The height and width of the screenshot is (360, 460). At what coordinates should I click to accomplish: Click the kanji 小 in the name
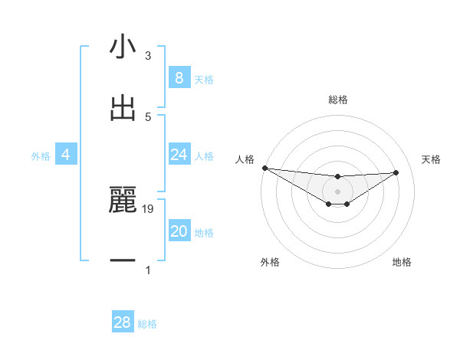coord(123,47)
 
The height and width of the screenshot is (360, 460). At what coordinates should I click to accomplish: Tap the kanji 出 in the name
coord(123,109)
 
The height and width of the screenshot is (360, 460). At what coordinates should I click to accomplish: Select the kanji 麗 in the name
coord(123,201)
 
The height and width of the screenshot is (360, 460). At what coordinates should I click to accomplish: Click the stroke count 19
coord(148,208)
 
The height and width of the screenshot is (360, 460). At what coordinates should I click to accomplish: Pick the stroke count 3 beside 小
coord(148,56)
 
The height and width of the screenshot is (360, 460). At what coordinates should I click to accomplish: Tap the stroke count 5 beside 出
coord(148,116)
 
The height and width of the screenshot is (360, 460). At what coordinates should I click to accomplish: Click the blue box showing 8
coord(179,78)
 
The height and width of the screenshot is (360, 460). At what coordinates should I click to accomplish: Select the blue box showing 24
coord(179,155)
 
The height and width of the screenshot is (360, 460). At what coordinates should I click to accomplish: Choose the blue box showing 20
coord(179,231)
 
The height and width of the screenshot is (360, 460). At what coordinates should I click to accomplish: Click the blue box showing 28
coord(123,322)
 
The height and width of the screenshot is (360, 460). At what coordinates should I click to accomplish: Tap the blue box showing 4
coord(66,155)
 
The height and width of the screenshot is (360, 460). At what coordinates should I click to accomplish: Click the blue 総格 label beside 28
coord(147,324)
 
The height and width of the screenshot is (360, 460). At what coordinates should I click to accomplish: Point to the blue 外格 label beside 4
coord(41,156)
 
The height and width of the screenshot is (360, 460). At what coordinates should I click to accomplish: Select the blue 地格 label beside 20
coord(204,233)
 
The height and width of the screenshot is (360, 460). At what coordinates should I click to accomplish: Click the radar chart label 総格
coord(338,100)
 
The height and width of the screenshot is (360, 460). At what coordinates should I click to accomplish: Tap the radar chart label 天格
coord(432,159)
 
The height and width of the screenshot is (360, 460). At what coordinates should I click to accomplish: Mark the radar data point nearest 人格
coord(264,168)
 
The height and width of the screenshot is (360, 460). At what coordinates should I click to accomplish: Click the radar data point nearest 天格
coord(396,172)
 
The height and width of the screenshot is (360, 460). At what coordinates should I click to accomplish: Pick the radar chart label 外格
coord(270,262)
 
